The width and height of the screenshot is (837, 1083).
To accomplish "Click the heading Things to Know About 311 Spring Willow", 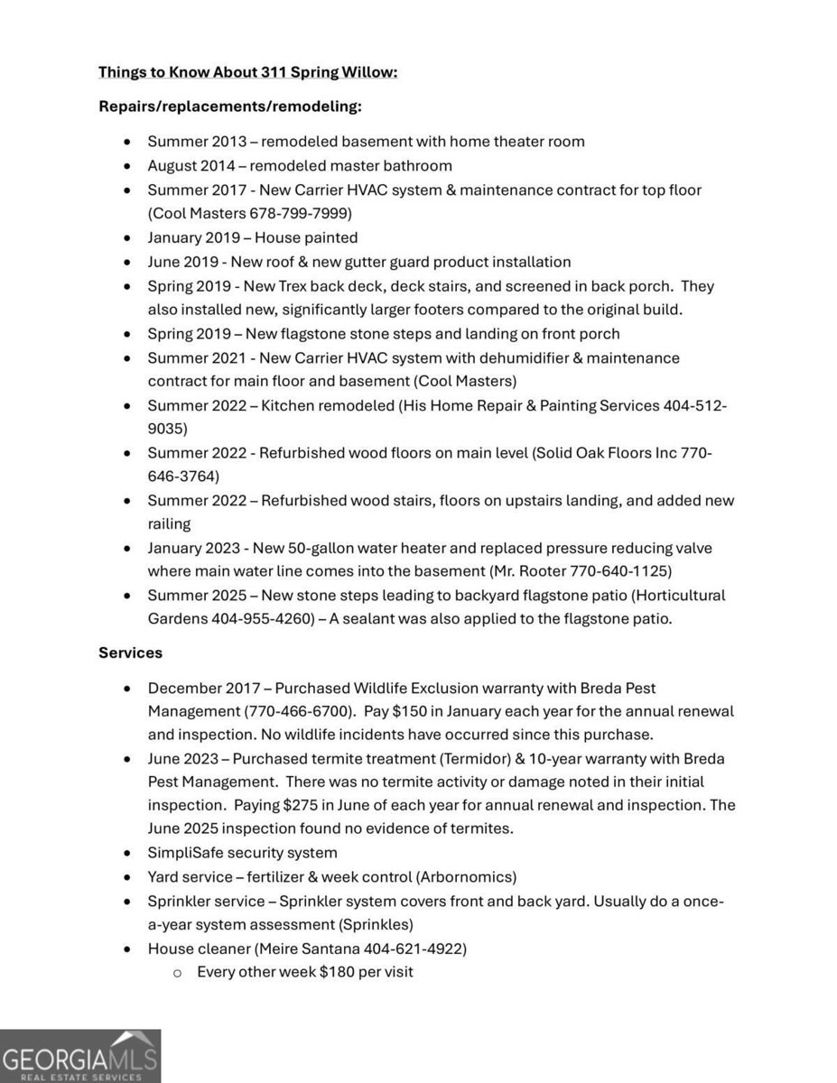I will (x=247, y=71).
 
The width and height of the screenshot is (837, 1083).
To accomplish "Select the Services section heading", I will (x=130, y=652).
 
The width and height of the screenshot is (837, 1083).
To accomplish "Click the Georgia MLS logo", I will (x=79, y=1056).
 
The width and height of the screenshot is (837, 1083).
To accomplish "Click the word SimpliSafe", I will (x=188, y=853).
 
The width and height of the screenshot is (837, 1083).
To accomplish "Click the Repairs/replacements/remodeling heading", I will (x=230, y=106).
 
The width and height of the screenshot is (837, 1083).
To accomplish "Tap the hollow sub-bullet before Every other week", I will (x=177, y=973).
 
